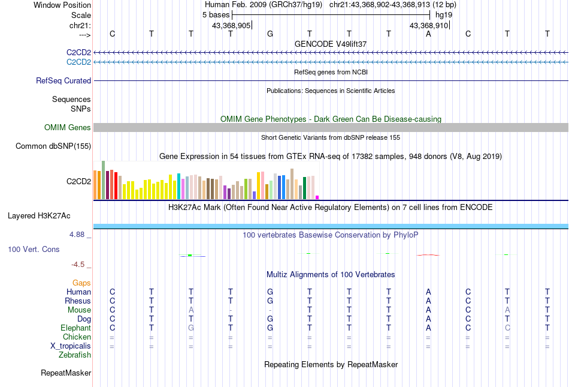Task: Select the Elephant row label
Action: [75, 328]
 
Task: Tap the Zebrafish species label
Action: [75, 355]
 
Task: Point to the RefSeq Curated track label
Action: [63, 80]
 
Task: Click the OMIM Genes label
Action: [68, 127]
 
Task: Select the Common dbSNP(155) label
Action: [53, 146]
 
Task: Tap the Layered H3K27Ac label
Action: [49, 215]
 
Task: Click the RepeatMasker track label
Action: [66, 373]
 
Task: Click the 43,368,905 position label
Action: [231, 25]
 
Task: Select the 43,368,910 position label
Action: [428, 25]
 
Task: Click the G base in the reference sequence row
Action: [270, 34]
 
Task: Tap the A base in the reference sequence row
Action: [428, 34]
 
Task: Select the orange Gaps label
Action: [81, 283]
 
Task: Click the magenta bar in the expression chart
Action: [317, 197]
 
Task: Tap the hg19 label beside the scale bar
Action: [444, 14]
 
